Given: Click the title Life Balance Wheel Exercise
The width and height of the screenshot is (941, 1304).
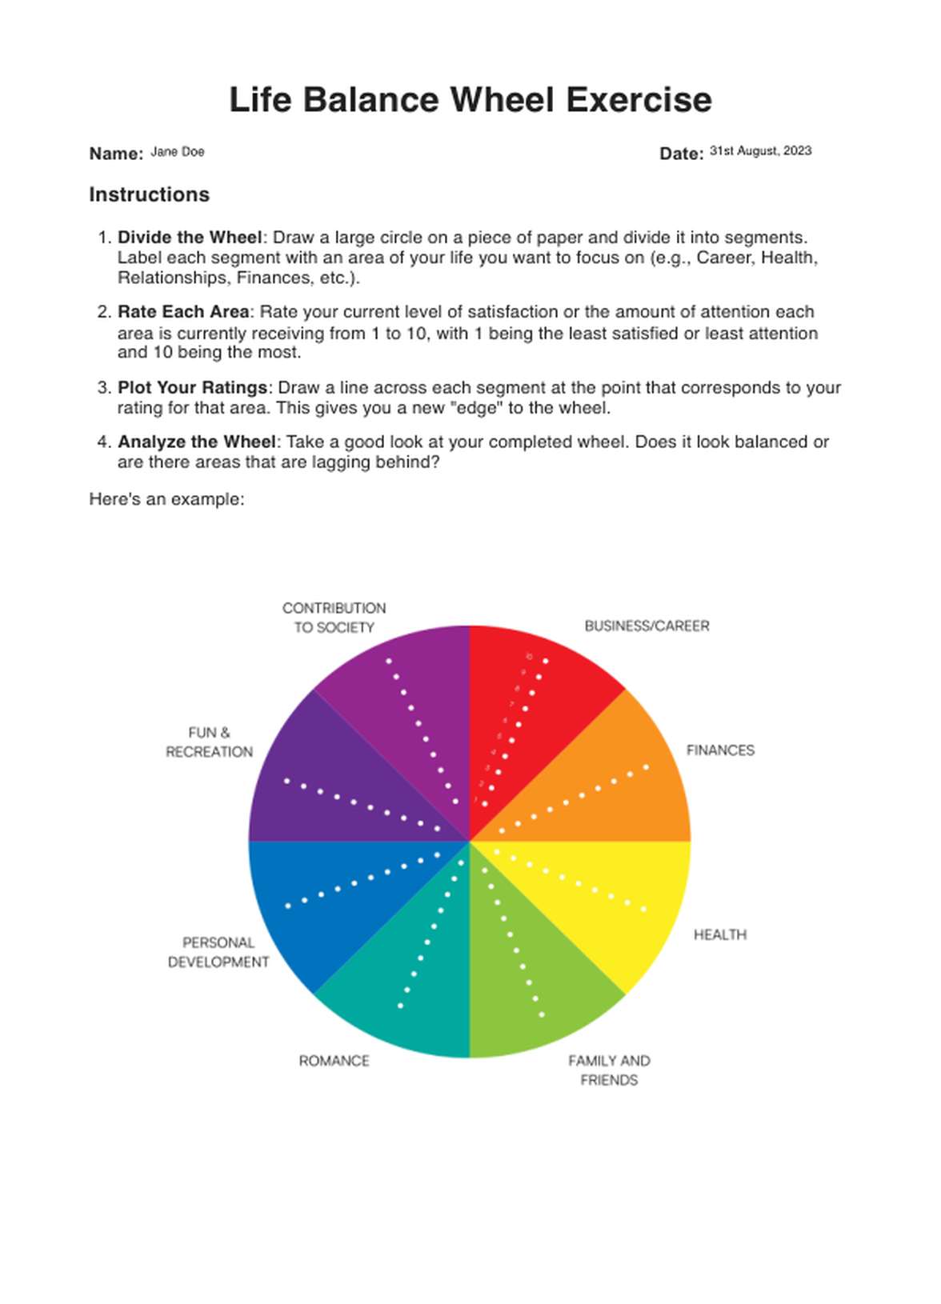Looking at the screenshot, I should click(470, 101).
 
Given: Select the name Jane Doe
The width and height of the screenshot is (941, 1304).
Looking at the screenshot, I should click(178, 152).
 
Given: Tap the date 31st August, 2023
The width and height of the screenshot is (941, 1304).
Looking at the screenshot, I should click(760, 151).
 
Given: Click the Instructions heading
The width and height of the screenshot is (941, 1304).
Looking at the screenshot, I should click(150, 194).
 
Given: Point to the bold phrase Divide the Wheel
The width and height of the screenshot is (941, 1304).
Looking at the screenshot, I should click(190, 238).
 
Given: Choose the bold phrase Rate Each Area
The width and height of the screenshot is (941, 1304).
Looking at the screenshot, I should click(184, 312).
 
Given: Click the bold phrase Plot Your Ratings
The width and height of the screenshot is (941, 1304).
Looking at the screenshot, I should click(192, 388).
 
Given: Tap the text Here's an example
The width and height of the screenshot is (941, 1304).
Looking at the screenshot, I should click(166, 499).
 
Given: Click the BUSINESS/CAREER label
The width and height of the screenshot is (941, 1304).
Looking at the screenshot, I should click(647, 626).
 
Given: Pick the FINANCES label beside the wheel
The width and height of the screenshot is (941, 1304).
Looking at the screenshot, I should click(720, 750).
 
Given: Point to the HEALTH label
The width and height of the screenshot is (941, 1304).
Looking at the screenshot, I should click(719, 934).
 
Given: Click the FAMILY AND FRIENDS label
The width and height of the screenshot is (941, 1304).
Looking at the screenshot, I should click(609, 1070).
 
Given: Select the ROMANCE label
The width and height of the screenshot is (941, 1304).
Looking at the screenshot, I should click(334, 1061).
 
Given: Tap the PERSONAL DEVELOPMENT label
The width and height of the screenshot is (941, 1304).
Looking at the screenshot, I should click(218, 952).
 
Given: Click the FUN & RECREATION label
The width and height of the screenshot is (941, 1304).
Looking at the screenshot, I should click(209, 742).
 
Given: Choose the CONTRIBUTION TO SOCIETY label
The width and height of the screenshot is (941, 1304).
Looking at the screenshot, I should click(334, 618).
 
